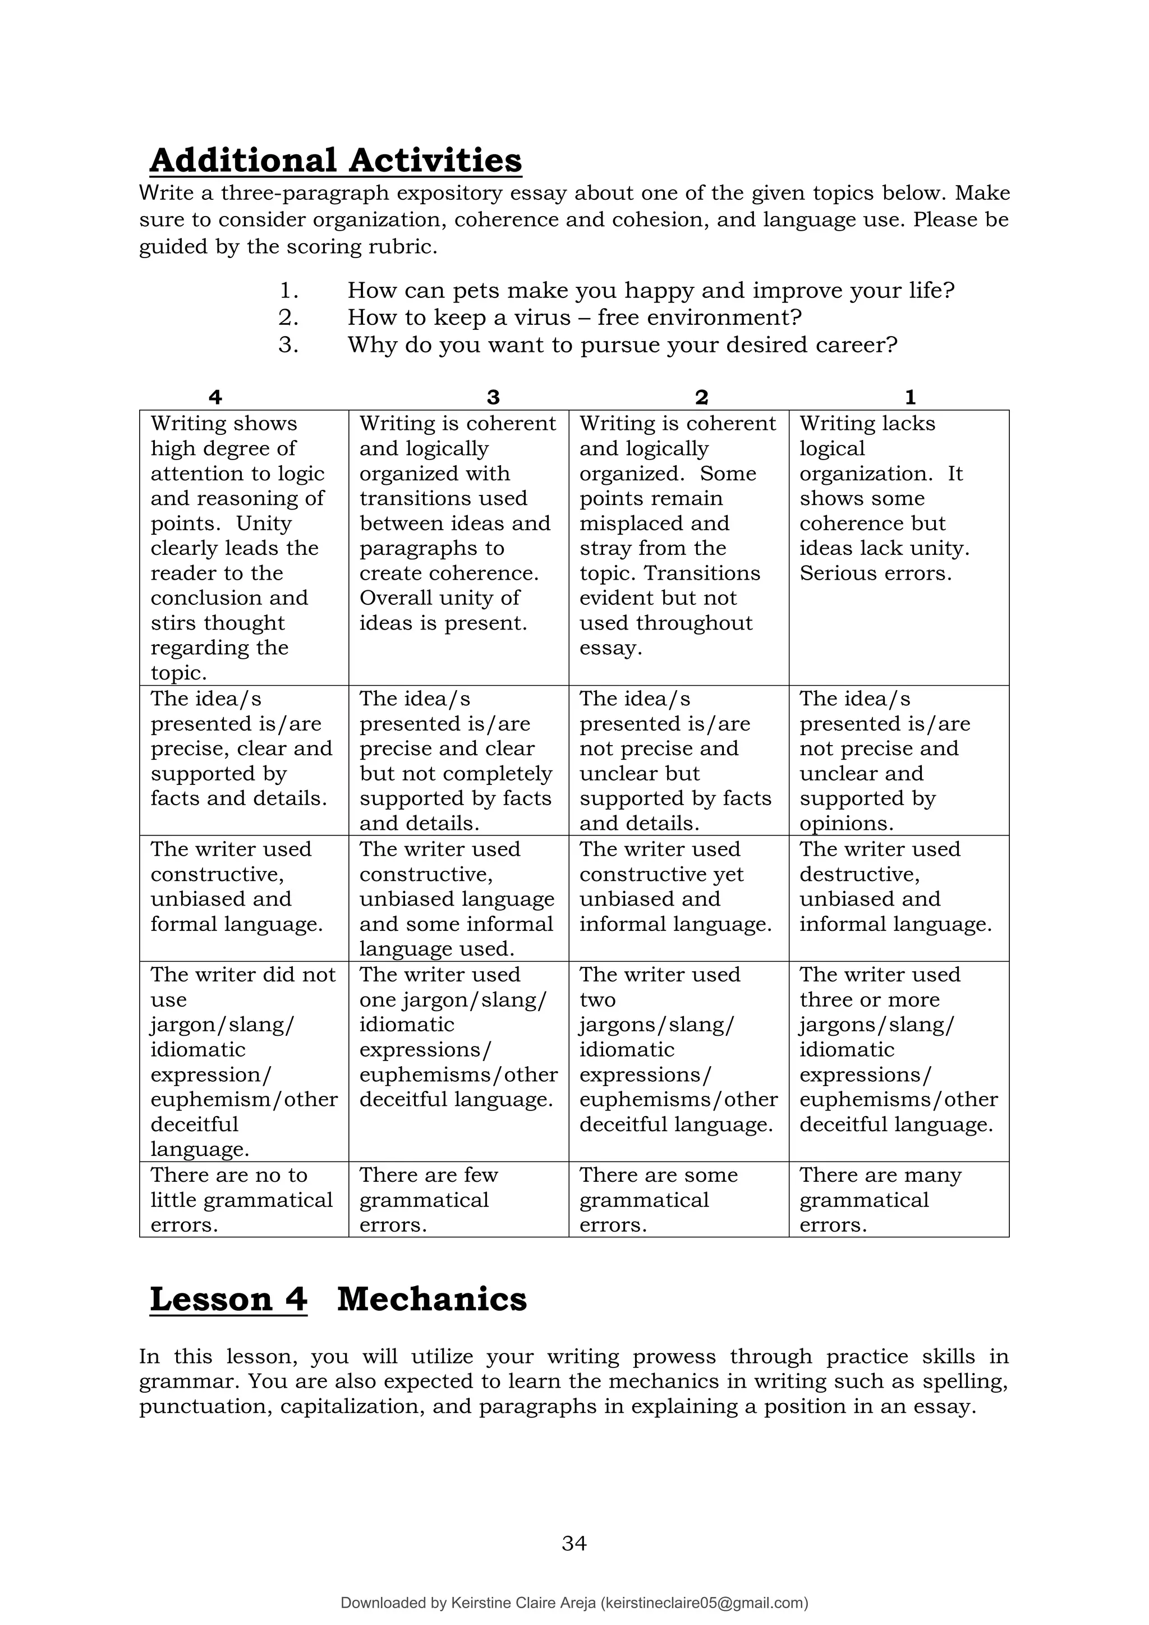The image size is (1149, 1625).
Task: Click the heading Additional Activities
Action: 335,160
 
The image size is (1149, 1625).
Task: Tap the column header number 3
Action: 493,397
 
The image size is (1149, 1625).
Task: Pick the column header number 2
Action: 701,397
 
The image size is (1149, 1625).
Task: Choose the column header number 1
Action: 910,397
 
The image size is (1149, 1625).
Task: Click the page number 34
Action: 574,1543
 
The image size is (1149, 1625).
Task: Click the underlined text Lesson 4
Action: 228,1300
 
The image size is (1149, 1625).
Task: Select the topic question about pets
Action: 651,291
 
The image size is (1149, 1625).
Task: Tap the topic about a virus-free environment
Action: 574,318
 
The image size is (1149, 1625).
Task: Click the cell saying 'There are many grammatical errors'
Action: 899,1200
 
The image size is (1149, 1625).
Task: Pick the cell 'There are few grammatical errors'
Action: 458,1200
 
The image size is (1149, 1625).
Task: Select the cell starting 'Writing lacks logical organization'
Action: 899,498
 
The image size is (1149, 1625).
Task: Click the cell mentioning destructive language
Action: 899,887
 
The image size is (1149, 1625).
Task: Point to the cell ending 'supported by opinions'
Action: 899,761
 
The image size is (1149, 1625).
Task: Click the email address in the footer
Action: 704,1603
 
